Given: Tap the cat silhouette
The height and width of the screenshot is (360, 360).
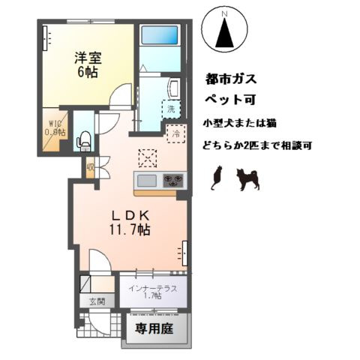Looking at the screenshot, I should click(x=217, y=177).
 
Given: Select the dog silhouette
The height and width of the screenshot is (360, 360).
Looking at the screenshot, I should click(x=247, y=178).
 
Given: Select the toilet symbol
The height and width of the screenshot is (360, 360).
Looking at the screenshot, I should click(x=85, y=139).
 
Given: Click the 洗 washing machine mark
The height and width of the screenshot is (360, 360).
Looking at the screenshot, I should click(x=172, y=107).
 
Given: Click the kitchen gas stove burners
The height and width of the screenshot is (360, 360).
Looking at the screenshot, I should click(x=173, y=180).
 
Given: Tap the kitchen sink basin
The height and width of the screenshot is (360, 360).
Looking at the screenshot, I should click(x=147, y=180).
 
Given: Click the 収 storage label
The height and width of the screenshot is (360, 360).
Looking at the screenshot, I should click(x=90, y=168).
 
